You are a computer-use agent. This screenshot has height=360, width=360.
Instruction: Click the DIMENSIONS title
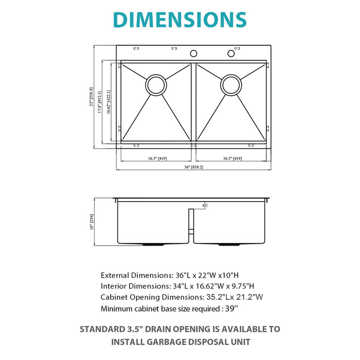coord(179,19)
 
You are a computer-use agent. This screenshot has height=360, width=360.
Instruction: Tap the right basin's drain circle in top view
coord(231,85)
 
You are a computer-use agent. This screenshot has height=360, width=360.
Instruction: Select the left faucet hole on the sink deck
coord(194,53)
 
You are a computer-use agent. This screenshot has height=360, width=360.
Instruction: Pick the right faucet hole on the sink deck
coord(231,53)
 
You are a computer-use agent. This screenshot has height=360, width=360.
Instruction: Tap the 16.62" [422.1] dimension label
coord(109,101)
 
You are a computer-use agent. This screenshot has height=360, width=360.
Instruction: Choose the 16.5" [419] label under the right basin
coord(232,159)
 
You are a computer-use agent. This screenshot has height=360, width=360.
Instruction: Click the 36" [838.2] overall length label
coord(194,167)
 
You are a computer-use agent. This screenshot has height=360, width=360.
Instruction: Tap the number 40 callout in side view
coord(205,206)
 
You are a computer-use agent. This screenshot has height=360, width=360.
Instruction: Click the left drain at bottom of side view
coord(150,244)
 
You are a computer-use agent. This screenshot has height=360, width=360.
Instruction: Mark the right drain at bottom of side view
coord(226,244)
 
